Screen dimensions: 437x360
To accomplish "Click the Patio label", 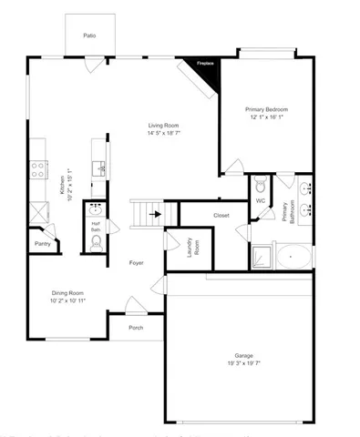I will point(89,36).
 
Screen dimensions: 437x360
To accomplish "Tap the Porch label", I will point(136,328).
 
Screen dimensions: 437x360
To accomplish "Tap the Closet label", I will point(221,216).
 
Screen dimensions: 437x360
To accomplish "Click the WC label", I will point(262,200).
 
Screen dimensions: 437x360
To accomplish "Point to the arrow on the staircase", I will point(158,215).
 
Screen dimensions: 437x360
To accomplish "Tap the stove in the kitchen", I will point(39,168).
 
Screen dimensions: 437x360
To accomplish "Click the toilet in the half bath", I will point(97,241).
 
